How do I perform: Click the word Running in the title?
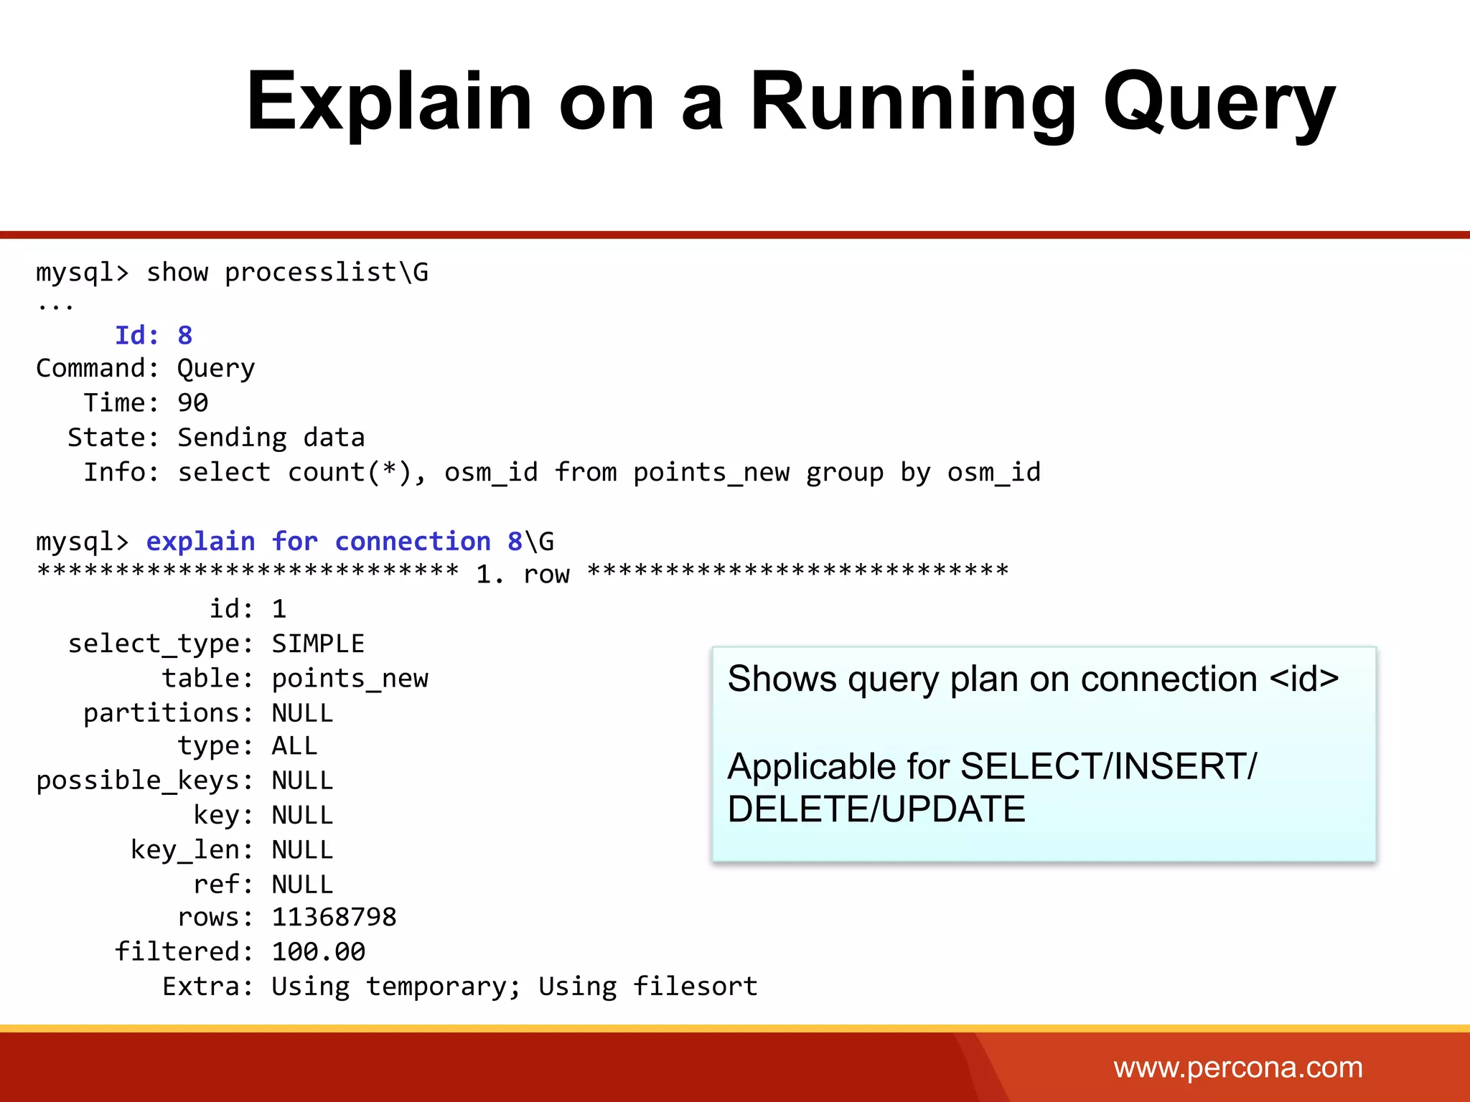tap(912, 102)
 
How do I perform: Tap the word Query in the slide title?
tap(1219, 102)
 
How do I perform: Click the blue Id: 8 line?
tap(154, 335)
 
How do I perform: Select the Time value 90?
tap(192, 402)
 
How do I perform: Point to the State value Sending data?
tap(271, 438)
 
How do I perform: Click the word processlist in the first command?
tap(310, 273)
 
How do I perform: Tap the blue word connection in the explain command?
tap(413, 541)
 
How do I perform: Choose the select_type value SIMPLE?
tap(318, 644)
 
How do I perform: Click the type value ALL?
tap(294, 746)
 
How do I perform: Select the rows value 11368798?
tap(334, 917)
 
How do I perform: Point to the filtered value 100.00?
tap(318, 952)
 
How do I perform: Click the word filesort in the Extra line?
tap(695, 986)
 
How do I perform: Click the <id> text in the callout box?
tap(1303, 679)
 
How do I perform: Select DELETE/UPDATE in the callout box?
tap(876, 809)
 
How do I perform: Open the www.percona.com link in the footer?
tap(1237, 1068)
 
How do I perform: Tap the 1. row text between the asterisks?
tap(523, 574)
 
